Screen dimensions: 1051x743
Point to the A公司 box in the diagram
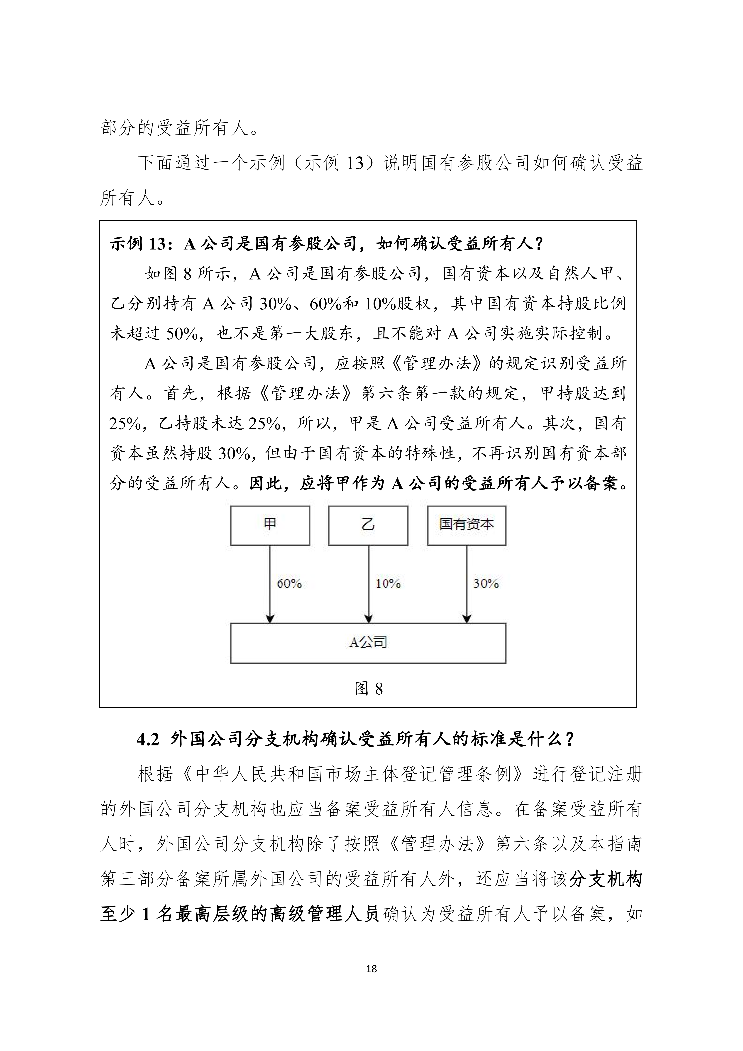[x=368, y=643]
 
